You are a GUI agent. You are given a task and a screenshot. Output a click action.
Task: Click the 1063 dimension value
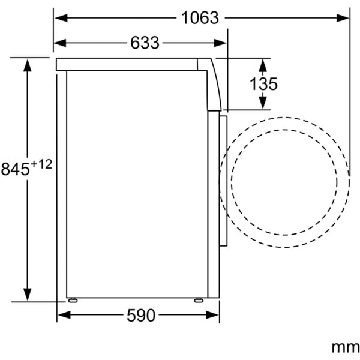tap(200, 18)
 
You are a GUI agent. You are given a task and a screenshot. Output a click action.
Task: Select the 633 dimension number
tap(145, 43)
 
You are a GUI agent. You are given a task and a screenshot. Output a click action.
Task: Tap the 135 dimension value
tap(263, 84)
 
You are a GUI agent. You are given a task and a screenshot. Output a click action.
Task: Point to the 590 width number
tap(141, 315)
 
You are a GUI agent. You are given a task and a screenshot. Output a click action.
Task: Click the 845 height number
tap(16, 169)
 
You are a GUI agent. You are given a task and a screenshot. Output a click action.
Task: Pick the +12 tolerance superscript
tap(41, 164)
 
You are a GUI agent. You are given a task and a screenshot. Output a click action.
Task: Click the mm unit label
tap(346, 347)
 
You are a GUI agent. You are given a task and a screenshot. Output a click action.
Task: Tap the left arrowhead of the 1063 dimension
tap(61, 18)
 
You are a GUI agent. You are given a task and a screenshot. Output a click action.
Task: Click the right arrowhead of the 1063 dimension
tap(343, 18)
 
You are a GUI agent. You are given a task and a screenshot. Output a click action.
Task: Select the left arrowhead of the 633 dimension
tap(59, 43)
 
